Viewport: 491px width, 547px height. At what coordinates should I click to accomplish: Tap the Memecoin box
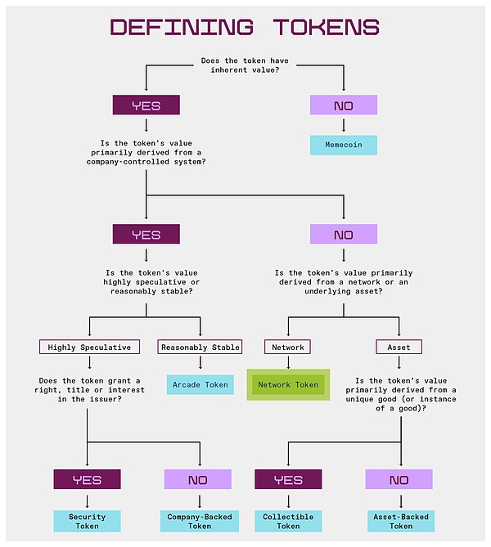pos(344,146)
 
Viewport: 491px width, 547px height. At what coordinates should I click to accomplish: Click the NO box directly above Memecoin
pos(344,105)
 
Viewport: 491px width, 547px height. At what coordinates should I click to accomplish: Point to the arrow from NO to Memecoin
pos(344,125)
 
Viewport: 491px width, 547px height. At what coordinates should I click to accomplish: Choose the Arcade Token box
pos(200,384)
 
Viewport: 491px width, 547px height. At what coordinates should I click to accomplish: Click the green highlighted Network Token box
pos(288,384)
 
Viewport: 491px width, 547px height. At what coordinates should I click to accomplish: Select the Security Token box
pos(87,521)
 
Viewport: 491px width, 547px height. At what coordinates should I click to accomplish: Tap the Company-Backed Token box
pos(200,521)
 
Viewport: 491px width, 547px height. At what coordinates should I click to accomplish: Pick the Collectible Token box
pos(288,521)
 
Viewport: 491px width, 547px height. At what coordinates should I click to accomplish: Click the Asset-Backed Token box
pos(400,521)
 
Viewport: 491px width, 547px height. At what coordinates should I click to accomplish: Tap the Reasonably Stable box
pos(200,347)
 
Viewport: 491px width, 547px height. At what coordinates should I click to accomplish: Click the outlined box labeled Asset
pos(399,347)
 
